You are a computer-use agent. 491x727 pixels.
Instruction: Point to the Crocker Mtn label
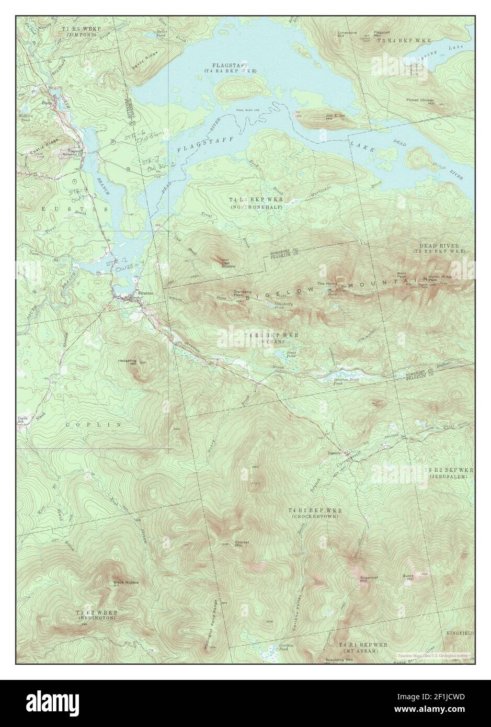point(242,543)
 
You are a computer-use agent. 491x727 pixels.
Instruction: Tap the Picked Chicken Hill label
point(424,101)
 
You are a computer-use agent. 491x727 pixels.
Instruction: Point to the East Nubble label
point(228,264)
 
